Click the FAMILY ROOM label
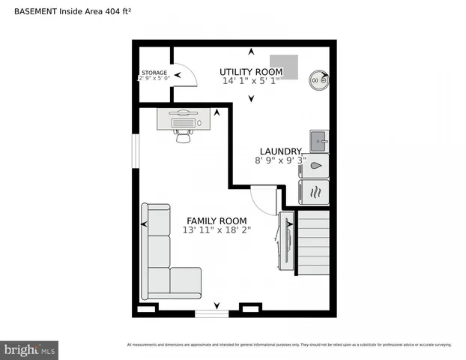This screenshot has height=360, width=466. click(x=216, y=220)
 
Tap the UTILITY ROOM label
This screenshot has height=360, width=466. click(x=251, y=71)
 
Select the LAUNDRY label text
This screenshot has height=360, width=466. click(x=280, y=151)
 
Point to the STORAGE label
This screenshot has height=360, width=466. click(x=154, y=73)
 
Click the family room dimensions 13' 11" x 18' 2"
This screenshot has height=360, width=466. click(x=216, y=230)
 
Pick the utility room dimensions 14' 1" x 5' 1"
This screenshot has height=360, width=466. click(x=251, y=80)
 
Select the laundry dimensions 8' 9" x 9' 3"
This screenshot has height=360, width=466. click(x=280, y=160)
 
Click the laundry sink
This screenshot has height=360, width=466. click(x=318, y=139)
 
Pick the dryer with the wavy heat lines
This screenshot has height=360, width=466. click(x=315, y=191)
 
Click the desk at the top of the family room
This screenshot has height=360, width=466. click(x=182, y=118)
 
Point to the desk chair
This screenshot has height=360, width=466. click(x=182, y=136)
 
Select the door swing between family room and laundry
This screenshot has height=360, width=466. click(x=264, y=199)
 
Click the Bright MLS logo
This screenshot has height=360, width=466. click(x=30, y=349)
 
